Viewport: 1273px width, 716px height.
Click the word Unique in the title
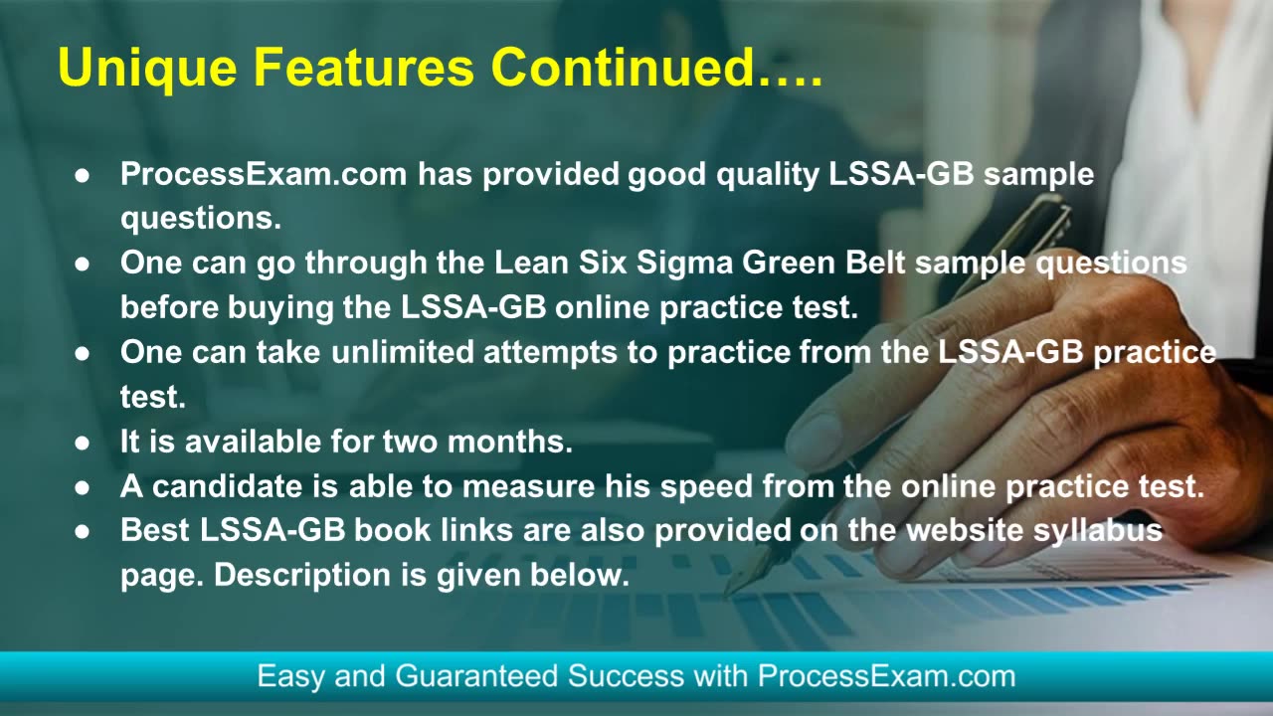pos(147,68)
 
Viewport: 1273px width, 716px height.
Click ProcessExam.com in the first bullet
pos(264,173)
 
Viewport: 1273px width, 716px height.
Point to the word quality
pos(767,174)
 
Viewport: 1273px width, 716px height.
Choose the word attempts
pos(550,353)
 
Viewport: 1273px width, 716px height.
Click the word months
pos(510,442)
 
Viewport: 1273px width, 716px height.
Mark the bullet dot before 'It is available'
pos(82,443)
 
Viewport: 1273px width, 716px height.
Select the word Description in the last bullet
pos(302,576)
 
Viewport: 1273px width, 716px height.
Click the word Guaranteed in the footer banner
pos(476,676)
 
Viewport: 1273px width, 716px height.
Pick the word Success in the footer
pos(626,676)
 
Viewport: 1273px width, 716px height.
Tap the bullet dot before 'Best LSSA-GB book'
pos(82,531)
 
